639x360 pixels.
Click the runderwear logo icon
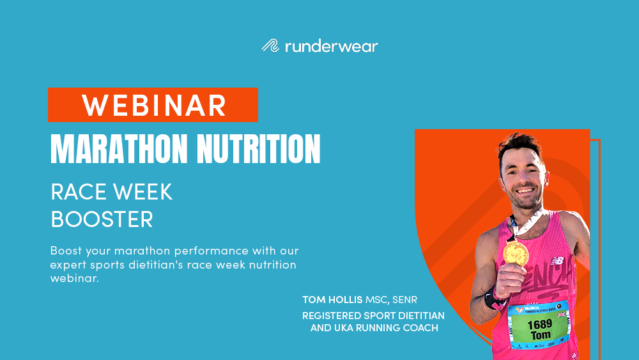pyautogui.click(x=270, y=46)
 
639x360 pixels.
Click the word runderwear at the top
pyautogui.click(x=330, y=46)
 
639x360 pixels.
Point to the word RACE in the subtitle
pyautogui.click(x=76, y=191)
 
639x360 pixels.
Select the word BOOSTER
pyautogui.click(x=102, y=219)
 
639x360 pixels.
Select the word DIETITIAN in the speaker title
pyautogui.click(x=415, y=316)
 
